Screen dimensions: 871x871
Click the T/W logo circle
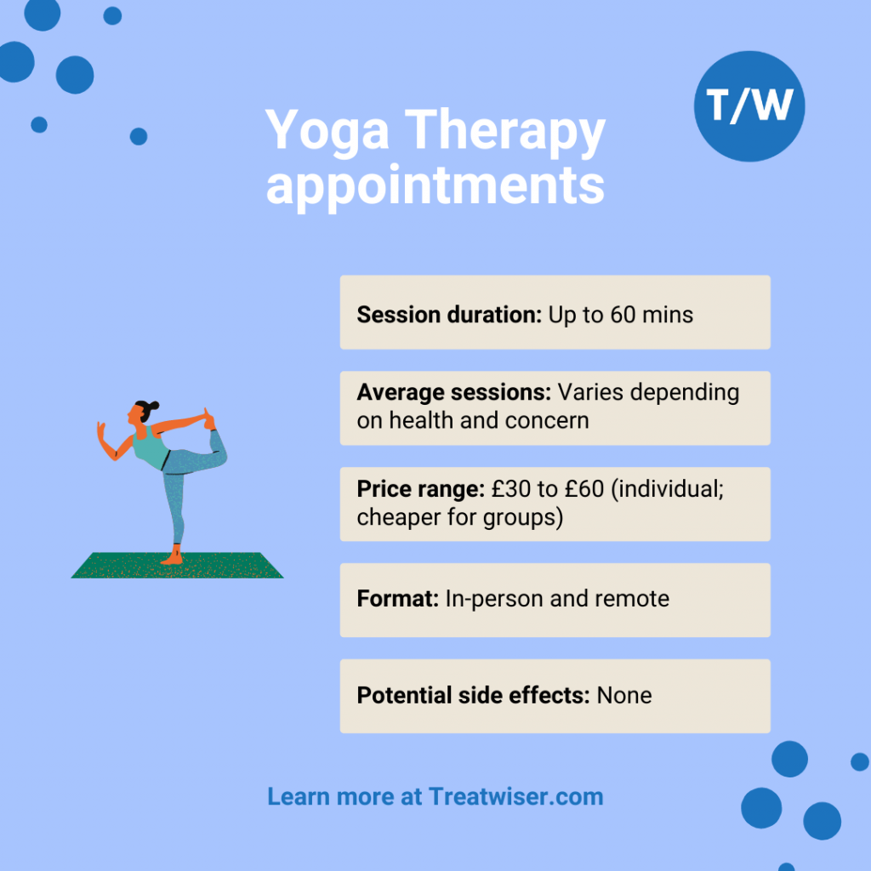(x=749, y=106)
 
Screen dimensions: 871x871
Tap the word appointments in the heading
(x=435, y=185)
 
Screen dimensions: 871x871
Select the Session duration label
(x=449, y=315)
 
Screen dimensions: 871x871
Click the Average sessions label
(x=454, y=393)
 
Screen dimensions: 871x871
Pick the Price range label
(x=421, y=490)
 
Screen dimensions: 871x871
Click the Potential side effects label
(x=473, y=695)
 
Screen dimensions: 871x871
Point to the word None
(x=624, y=695)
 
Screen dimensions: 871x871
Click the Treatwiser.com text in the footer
(x=516, y=797)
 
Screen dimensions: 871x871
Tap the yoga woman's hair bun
(x=153, y=405)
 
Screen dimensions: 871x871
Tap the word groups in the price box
(x=521, y=517)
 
